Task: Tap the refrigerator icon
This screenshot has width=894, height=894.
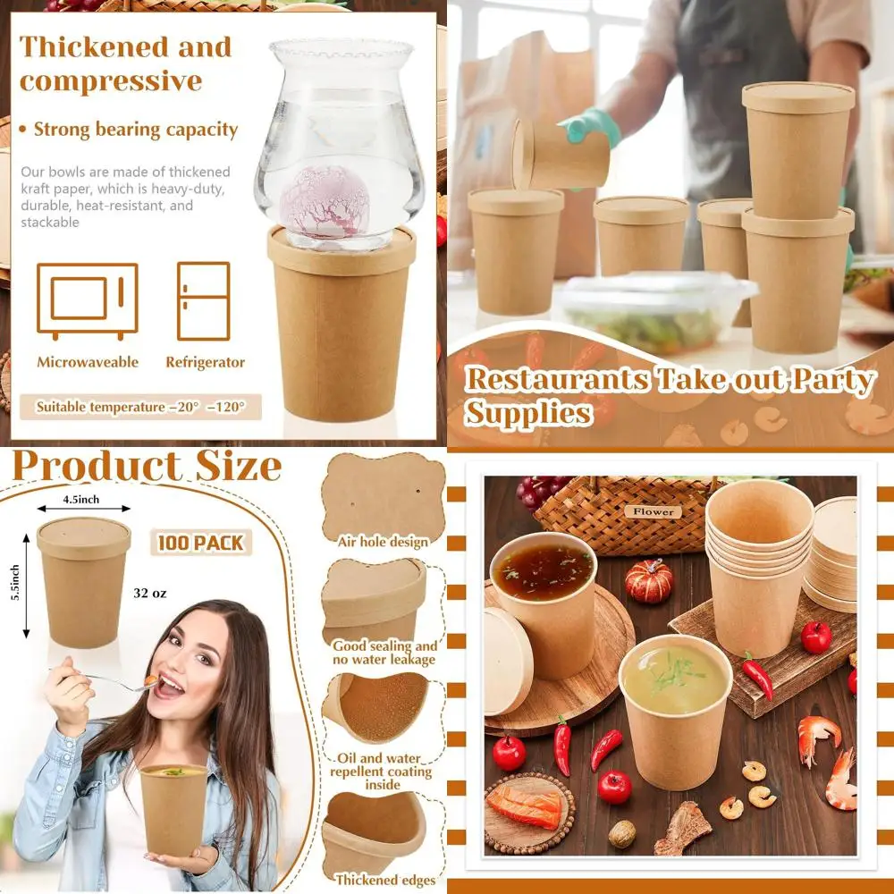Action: coord(203,300)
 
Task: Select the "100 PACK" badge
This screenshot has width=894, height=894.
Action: coord(201,542)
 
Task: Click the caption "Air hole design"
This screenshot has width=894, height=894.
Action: coord(383,542)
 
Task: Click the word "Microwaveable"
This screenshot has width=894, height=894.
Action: coord(88,362)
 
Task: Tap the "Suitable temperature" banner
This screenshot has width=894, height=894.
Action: coord(141,407)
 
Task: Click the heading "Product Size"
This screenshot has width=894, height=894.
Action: coord(147,467)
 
